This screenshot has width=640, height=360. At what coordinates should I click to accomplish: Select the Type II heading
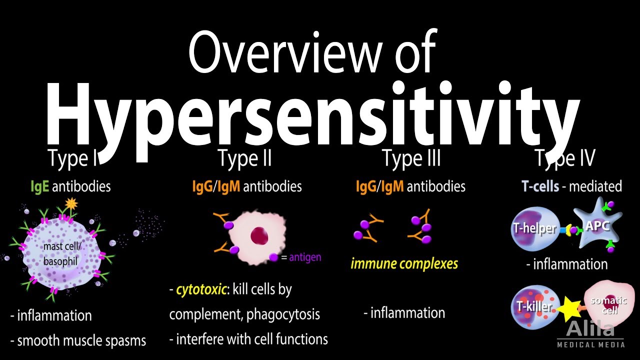pos(244,158)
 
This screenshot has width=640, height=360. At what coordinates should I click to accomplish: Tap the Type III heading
pos(411,158)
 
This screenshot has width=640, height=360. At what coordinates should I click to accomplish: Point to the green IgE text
pos(39,186)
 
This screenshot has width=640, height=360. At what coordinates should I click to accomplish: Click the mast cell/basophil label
pos(60,254)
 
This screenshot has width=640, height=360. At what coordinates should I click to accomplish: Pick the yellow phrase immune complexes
pos(404,263)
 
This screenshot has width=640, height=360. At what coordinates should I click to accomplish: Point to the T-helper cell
pos(533,228)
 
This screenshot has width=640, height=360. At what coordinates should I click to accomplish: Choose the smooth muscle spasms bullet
pos(78,341)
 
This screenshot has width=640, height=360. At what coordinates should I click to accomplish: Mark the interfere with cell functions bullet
pos(248,339)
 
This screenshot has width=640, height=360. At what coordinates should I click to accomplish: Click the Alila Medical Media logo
pos(590,334)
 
